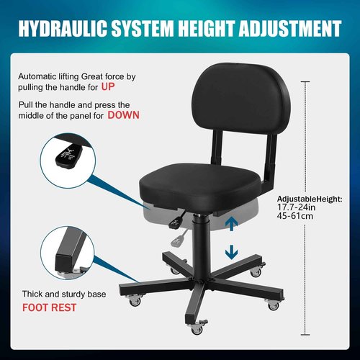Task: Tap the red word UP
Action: point(127,86)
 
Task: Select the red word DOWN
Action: point(123,115)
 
